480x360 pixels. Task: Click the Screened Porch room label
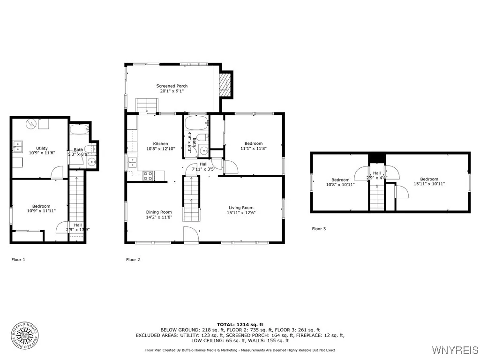172,86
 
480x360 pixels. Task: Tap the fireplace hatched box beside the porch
226,84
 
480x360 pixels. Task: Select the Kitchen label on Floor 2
160,144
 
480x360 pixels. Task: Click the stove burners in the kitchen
148,176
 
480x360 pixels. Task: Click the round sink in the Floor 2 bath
203,151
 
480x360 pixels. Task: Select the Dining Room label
159,212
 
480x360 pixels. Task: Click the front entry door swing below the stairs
190,234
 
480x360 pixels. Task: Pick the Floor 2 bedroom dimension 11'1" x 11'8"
253,149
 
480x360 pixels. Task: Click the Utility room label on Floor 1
42,149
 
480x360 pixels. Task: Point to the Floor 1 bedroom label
41,206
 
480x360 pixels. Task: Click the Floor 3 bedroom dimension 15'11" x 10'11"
429,184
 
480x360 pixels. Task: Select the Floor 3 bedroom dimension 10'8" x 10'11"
340,185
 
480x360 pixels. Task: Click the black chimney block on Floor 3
376,158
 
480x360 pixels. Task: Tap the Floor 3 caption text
318,229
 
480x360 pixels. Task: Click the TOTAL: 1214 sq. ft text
240,324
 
